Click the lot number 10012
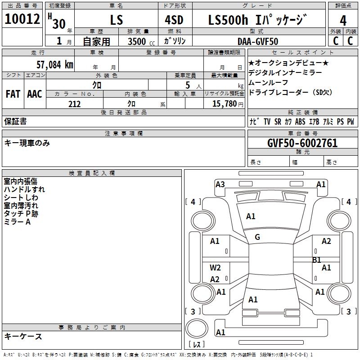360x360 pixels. [x=22, y=19]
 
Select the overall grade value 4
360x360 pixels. [x=343, y=20]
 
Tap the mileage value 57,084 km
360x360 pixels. [x=55, y=65]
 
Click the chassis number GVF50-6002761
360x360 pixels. [x=302, y=143]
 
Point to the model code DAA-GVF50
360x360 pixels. [x=258, y=41]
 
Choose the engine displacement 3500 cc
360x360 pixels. [x=141, y=41]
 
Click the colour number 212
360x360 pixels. [x=74, y=104]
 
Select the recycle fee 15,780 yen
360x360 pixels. [x=228, y=104]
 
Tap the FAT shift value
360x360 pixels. [x=13, y=94]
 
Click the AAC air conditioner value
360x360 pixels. [x=35, y=94]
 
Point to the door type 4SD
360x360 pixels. [x=174, y=20]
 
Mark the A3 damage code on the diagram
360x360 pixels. [x=220, y=184]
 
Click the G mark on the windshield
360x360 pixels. [x=257, y=237]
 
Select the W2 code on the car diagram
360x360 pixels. [x=215, y=267]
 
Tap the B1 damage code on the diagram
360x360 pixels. [x=317, y=260]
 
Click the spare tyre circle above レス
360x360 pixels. [x=197, y=328]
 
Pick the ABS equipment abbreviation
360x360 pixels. [x=300, y=121]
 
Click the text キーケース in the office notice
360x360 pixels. [x=23, y=337]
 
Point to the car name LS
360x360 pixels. [x=117, y=20]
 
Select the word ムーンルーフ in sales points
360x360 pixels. [x=268, y=82]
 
